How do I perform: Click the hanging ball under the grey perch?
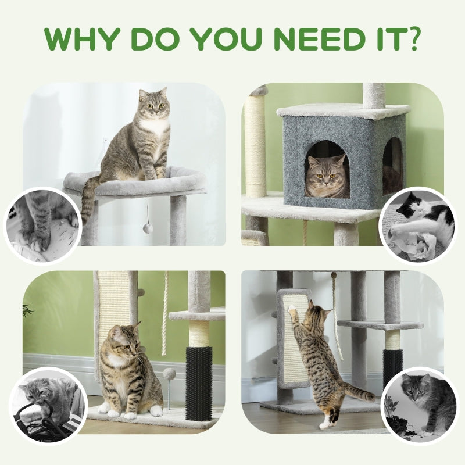[148, 228]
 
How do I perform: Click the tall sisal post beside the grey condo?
[255, 145]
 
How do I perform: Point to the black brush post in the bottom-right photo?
[393, 366]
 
